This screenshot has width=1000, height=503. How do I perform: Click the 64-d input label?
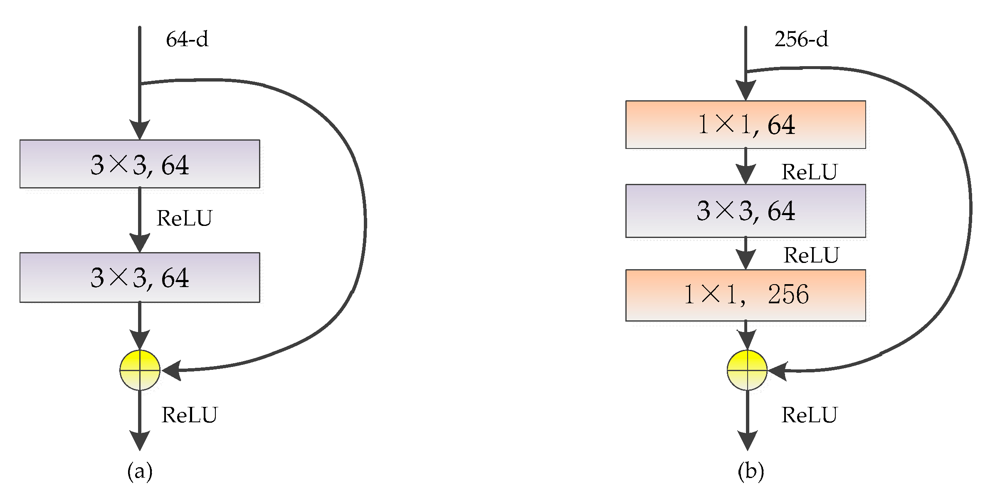[x=187, y=40]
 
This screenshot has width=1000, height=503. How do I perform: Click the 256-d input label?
[x=801, y=40]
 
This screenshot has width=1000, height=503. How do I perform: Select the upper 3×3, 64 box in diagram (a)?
[x=140, y=164]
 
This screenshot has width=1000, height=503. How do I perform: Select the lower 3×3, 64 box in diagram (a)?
[x=140, y=277]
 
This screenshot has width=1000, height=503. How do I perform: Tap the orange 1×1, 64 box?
[x=746, y=124]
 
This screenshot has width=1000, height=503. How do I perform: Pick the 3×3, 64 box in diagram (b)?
[x=746, y=211]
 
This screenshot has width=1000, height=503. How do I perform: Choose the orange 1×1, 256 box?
[x=746, y=295]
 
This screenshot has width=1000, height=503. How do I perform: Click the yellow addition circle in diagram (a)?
[x=140, y=370]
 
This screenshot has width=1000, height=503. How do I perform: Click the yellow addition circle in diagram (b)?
[x=747, y=370]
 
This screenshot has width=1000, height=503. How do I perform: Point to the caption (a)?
[x=140, y=471]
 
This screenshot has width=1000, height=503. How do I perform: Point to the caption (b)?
[x=751, y=471]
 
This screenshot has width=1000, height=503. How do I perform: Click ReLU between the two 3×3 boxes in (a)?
[x=184, y=218]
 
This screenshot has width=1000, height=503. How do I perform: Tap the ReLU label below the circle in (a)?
[x=189, y=415]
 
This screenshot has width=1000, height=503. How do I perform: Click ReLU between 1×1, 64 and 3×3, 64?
[x=809, y=172]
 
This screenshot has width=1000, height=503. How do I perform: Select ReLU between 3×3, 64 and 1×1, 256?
[x=811, y=255]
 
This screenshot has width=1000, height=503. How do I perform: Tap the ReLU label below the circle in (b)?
[x=809, y=415]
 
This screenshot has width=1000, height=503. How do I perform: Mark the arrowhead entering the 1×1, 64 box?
[x=746, y=90]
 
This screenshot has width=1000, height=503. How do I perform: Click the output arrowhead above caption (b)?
[x=747, y=441]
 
